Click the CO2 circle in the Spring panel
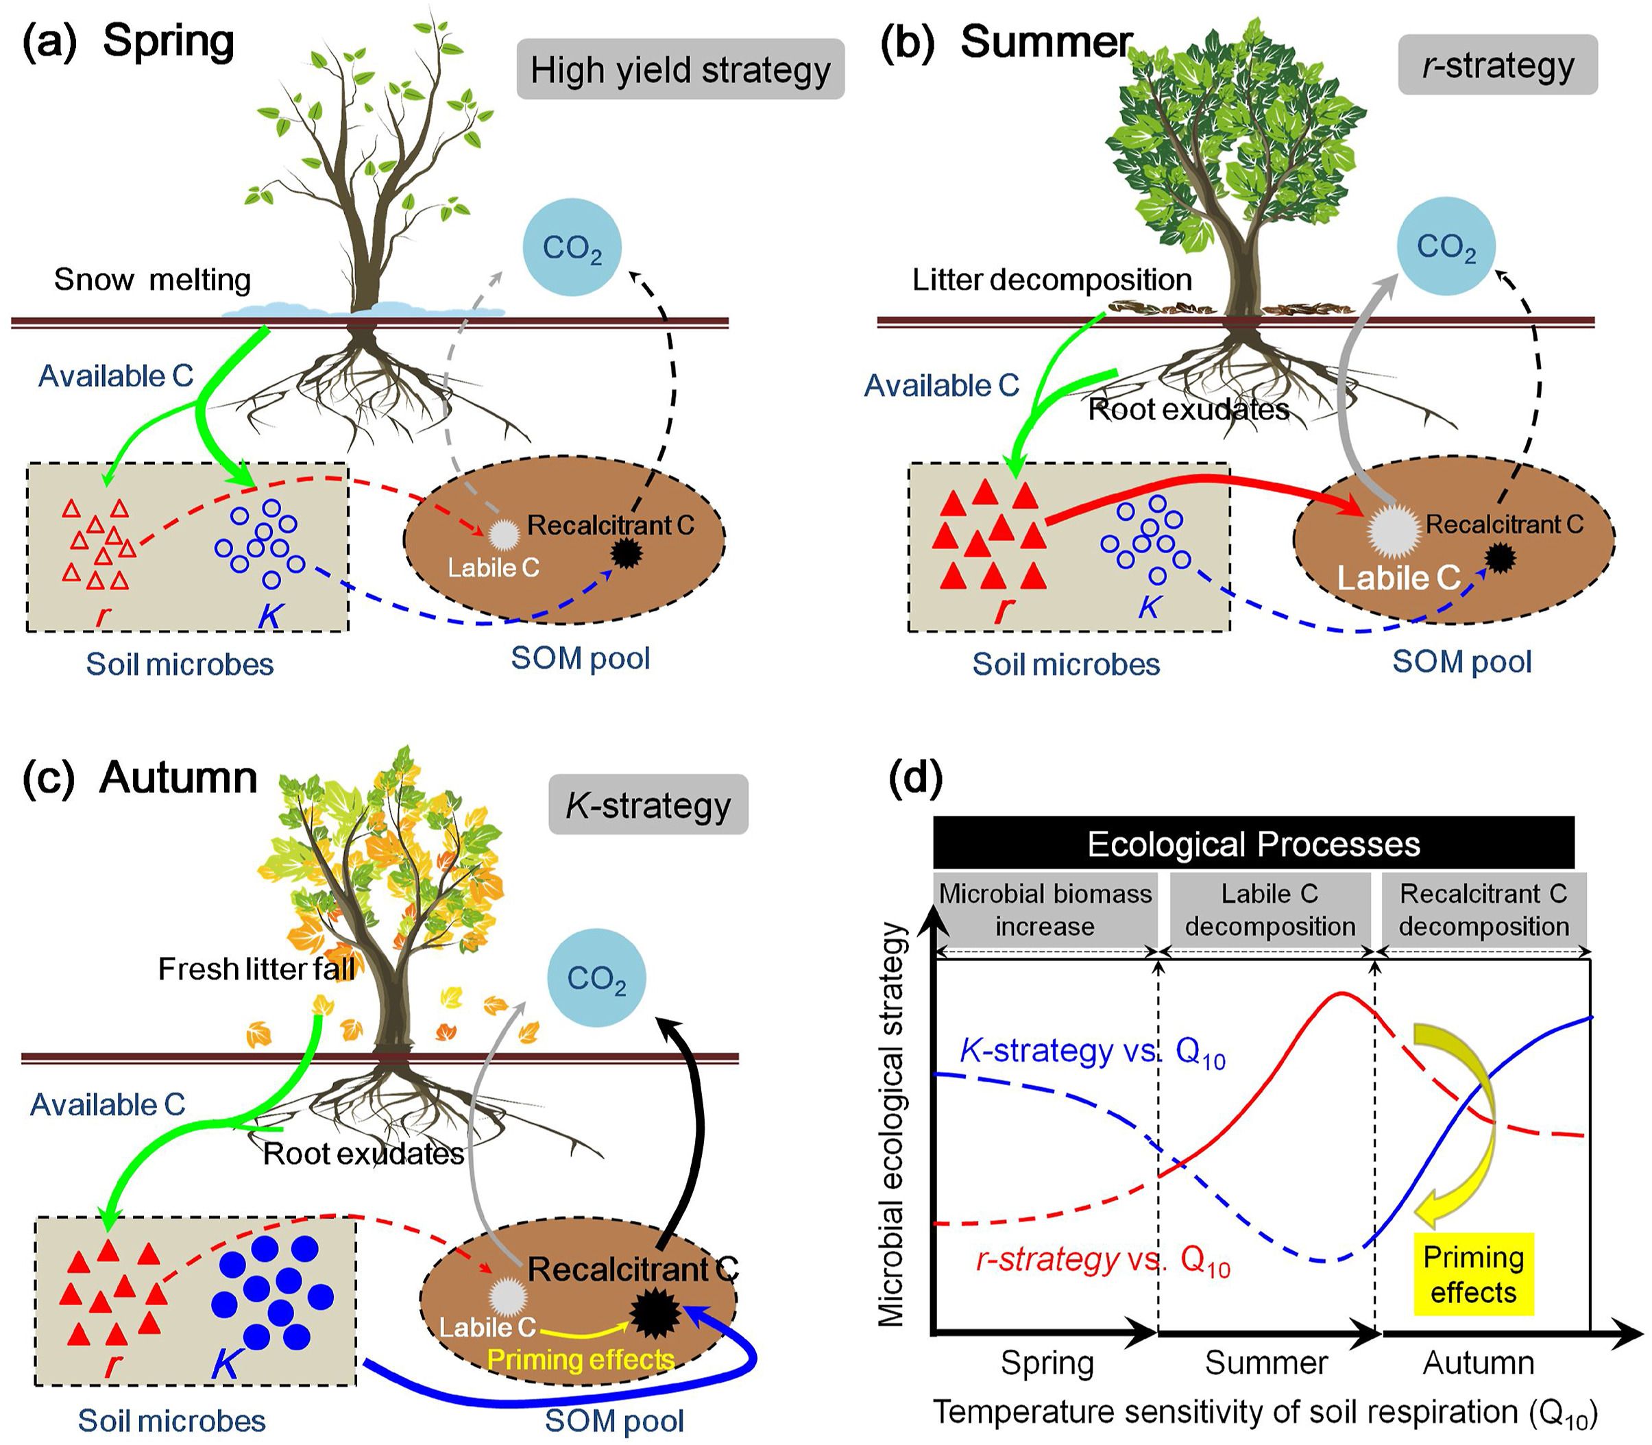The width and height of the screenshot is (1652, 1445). coord(572,247)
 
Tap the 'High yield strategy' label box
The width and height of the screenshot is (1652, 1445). coord(680,69)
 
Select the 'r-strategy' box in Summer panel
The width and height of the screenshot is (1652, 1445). coord(1497,65)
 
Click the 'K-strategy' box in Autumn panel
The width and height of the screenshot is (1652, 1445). coord(648,805)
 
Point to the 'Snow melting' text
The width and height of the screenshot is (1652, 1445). coord(152,280)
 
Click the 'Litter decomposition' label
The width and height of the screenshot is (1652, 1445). coord(1052,280)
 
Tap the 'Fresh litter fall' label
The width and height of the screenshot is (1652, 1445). coord(256,969)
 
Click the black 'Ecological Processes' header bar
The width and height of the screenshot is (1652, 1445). coord(1253,843)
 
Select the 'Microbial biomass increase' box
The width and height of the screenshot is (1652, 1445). coord(1045,910)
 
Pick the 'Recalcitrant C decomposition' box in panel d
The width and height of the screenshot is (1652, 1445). coord(1483,910)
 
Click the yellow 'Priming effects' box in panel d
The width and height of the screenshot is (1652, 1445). coord(1473,1274)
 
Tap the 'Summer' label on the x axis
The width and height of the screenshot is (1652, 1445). coord(1266,1362)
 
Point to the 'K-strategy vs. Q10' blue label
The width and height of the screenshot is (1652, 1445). coord(1093,1052)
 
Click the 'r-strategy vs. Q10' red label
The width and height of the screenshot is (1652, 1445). coord(1102,1259)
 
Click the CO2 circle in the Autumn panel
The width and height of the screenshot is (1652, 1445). coord(596,977)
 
